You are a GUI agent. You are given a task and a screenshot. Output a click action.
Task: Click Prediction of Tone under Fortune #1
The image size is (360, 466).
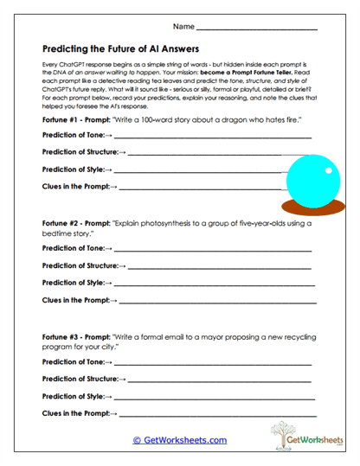pos(73,136)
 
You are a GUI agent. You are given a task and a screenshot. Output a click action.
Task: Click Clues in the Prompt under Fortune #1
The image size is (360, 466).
pos(76,186)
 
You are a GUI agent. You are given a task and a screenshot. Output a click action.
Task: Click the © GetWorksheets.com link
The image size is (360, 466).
pos(180,440)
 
